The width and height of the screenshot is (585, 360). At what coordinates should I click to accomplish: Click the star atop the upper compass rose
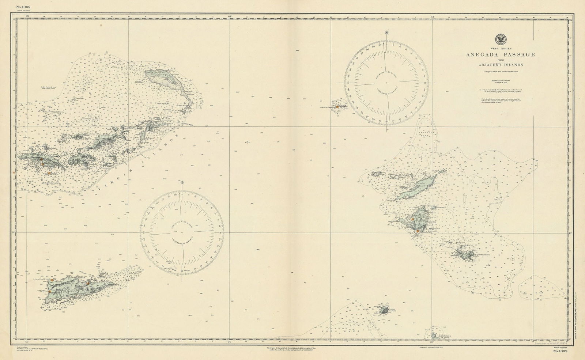click(386, 33)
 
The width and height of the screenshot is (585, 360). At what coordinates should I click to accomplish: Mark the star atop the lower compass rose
click(182, 182)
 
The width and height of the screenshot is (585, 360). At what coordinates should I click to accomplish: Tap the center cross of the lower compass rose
click(182, 231)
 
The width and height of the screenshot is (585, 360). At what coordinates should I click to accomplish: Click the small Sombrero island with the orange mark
click(337, 107)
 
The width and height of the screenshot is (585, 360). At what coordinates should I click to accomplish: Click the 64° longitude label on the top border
click(230, 16)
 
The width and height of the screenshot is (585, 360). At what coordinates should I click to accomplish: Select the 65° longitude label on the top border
click(27, 16)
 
